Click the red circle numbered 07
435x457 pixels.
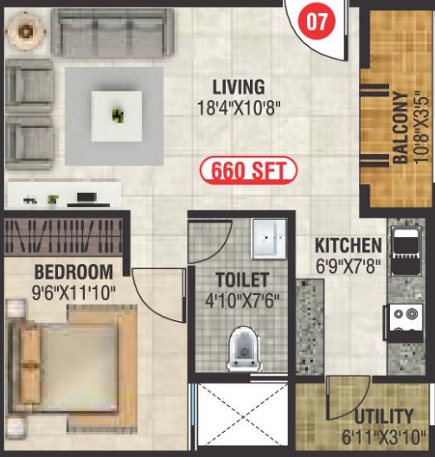[317, 21]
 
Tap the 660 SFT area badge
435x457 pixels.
[248, 171]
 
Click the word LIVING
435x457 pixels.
[239, 87]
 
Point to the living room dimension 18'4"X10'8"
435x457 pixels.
[239, 108]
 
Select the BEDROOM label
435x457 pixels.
[74, 272]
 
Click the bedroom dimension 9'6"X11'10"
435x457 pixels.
[74, 293]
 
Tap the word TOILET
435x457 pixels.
[242, 280]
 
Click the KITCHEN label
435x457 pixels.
[349, 246]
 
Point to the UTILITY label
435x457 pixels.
[384, 416]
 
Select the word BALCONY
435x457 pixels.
[400, 127]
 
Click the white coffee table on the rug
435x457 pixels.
[117, 116]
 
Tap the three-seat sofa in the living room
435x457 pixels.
[113, 32]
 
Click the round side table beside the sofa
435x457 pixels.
[26, 31]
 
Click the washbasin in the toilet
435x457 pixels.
[269, 239]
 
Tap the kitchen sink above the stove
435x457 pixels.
[405, 252]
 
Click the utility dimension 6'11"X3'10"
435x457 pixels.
[384, 437]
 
